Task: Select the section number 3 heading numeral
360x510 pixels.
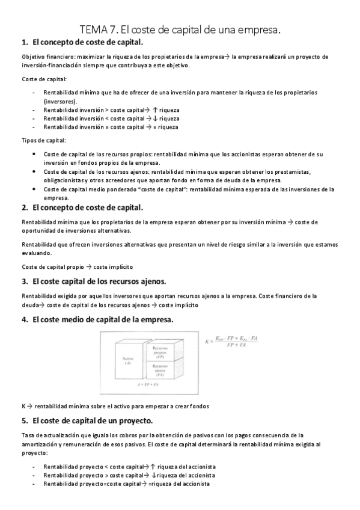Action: (x=24, y=281)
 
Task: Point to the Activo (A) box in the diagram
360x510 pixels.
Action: (x=120, y=360)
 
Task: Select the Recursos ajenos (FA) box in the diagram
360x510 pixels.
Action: (x=159, y=368)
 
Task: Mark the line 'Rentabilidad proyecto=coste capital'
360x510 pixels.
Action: (x=126, y=484)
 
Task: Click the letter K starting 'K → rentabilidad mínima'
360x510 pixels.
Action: (x=23, y=407)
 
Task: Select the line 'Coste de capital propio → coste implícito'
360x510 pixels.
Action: (x=77, y=266)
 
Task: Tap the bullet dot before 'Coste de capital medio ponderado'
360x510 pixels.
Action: (x=33, y=189)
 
